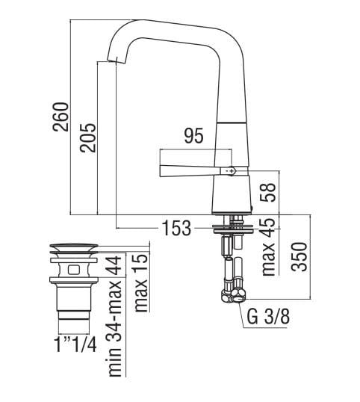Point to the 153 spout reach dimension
(x=175, y=228)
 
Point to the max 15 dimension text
(x=140, y=283)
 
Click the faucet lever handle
(x=187, y=166)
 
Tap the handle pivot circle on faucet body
(x=231, y=171)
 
